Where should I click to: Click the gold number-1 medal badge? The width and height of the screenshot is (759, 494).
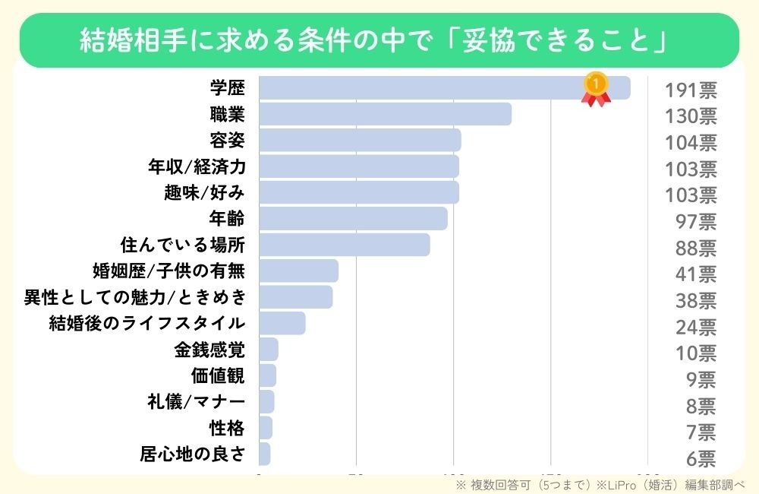tap(596, 88)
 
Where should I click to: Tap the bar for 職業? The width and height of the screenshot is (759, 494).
tap(385, 114)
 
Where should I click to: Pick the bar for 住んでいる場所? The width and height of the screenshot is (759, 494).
tap(344, 245)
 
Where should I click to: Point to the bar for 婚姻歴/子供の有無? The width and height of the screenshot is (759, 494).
tap(298, 271)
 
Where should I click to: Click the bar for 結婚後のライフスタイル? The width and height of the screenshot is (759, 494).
tap(282, 323)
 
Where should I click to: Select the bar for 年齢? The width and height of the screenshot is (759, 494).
tap(353, 219)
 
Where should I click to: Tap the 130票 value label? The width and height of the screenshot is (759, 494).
tap(691, 117)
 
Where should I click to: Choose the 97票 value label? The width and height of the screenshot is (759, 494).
tap(696, 222)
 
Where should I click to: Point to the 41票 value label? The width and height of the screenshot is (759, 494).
tap(696, 274)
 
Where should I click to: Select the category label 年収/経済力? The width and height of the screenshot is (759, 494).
tap(197, 166)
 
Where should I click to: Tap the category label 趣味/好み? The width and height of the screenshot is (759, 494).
tap(204, 193)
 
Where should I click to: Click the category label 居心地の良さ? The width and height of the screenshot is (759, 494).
tap(193, 454)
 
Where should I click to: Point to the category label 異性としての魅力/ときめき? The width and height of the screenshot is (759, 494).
tap(135, 297)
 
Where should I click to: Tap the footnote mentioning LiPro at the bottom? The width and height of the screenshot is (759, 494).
tap(600, 484)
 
